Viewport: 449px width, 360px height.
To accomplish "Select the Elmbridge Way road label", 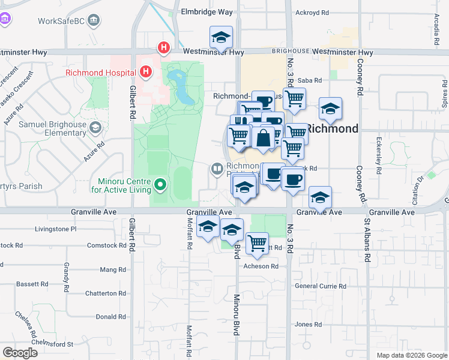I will pyautogui.click(x=207, y=11).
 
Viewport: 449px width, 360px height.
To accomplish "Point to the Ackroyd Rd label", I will pyautogui.click(x=313, y=12).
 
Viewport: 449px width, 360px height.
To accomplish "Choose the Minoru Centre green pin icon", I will pyautogui.click(x=160, y=185).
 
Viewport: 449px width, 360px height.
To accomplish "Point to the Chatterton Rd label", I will pyautogui.click(x=105, y=293).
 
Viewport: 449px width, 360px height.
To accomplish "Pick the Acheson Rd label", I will pyautogui.click(x=261, y=266).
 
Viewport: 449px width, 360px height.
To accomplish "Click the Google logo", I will pyautogui.click(x=20, y=353).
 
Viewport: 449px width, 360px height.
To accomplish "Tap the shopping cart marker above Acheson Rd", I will pyautogui.click(x=258, y=242).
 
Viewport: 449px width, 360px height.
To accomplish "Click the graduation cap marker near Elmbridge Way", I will pyautogui.click(x=221, y=37).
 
